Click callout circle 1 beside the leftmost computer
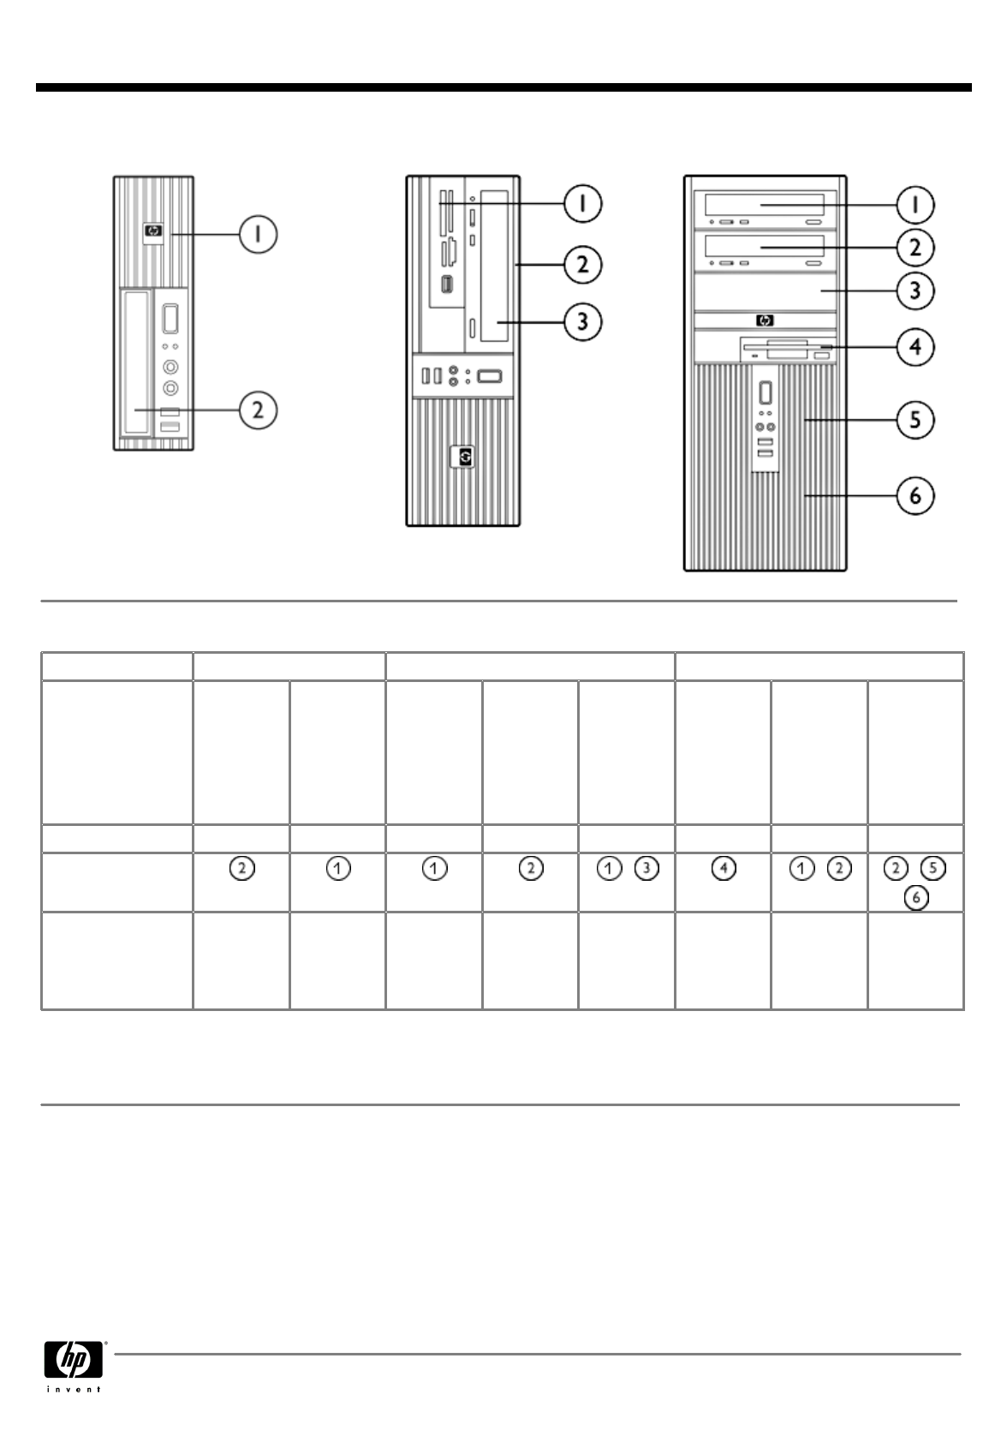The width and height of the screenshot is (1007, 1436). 258,234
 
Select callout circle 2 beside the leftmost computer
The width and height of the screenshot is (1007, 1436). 258,410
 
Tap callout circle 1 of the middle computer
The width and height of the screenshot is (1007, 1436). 582,204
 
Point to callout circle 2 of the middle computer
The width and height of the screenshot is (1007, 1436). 582,265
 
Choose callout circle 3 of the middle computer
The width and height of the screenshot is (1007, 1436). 582,322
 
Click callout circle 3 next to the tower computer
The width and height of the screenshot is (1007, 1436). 915,290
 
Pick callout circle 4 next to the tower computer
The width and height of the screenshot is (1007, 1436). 915,347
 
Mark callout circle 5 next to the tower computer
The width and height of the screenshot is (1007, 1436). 915,420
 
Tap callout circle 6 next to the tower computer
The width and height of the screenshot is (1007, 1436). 915,496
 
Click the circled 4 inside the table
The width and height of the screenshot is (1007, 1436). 724,869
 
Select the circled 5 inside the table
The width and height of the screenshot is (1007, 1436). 934,869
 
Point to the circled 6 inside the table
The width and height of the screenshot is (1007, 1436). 915,898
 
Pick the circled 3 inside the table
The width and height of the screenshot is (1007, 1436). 647,869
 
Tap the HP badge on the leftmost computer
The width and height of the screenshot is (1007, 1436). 154,230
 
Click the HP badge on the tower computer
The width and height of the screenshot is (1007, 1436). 764,321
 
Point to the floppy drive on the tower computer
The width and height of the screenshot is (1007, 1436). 786,350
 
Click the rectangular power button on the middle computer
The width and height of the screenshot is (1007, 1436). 490,375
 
